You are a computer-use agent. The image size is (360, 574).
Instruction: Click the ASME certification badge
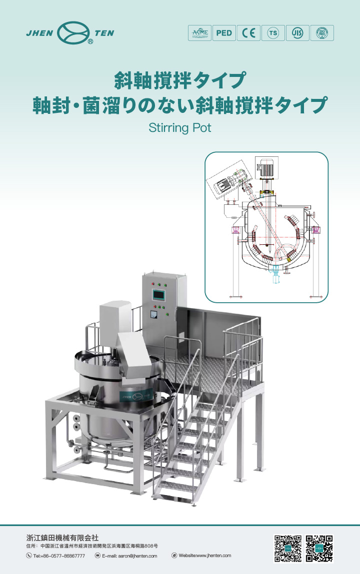coord(199,33)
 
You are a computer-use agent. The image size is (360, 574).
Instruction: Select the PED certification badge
coord(223,33)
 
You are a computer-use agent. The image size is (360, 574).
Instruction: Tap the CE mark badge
coord(248,33)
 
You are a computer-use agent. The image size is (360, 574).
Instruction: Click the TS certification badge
coord(272,33)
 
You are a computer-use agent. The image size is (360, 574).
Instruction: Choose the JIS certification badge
coord(297,33)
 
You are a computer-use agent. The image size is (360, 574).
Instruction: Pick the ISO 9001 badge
coord(321,33)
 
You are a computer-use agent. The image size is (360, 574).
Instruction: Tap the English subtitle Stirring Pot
coord(180,128)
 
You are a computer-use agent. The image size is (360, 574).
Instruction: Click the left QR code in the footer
coord(288,549)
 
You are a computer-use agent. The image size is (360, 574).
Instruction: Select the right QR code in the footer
coord(319,549)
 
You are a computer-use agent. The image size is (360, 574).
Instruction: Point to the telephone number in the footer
coord(59,556)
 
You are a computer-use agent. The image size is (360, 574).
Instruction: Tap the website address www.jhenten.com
coord(204,556)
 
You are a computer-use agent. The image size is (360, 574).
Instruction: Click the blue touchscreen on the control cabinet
coord(158,294)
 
